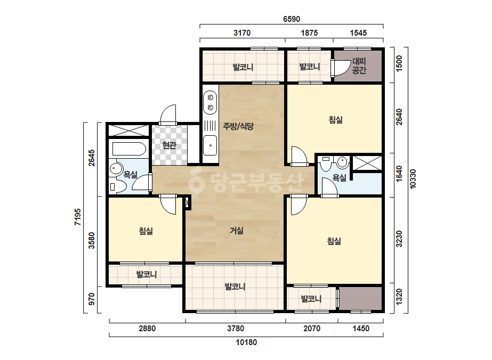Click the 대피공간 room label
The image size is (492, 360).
pos(359,66)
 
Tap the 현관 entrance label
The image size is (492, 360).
pos(169,145)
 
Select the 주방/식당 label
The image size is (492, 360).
pos(238,126)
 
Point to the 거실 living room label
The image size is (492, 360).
pos(237,231)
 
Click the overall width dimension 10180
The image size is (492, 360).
pos(246,342)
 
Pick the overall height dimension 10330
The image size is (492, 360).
pos(413,179)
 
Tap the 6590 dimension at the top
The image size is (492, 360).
pos(292,19)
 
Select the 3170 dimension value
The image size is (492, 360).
pos(242,33)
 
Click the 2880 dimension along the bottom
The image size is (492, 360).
pos(147,329)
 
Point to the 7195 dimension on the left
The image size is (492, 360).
pos(77,217)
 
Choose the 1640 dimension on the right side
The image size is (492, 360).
pos(399,174)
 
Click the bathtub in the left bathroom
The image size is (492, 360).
pos(128,149)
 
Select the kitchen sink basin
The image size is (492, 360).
pos(210,145)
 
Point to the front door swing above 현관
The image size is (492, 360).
pos(168,114)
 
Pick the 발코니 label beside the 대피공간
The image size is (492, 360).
pos(310,67)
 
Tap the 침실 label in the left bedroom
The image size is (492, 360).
pos(146,231)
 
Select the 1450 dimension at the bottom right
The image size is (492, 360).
pos(361,329)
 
